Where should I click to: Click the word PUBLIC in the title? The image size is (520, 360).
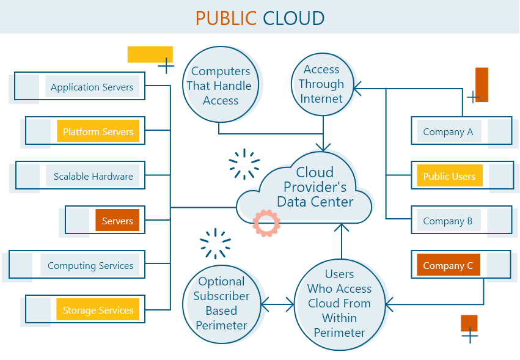(x=225, y=18)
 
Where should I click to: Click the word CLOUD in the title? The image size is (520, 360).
(x=293, y=18)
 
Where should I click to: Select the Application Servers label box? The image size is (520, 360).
(x=92, y=87)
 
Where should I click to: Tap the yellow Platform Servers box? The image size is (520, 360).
(x=98, y=131)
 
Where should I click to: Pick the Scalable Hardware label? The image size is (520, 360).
(x=93, y=176)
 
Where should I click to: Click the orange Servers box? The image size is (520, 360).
(x=117, y=221)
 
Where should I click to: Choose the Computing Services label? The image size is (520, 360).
(x=90, y=265)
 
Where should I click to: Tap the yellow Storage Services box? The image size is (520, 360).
(x=98, y=310)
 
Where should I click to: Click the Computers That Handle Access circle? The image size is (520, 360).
(x=221, y=86)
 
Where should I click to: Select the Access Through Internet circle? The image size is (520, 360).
(x=321, y=84)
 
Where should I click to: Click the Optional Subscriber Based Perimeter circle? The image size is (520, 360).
(x=221, y=303)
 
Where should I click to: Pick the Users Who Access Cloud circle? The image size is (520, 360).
(x=339, y=303)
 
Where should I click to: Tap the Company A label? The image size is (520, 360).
(x=448, y=131)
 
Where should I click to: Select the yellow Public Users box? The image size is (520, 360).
(x=449, y=176)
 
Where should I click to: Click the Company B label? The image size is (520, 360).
(x=448, y=221)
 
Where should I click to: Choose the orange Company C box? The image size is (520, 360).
(x=448, y=265)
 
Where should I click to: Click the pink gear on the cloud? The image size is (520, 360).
(x=266, y=224)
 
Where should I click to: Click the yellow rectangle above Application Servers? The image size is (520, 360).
(x=150, y=54)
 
